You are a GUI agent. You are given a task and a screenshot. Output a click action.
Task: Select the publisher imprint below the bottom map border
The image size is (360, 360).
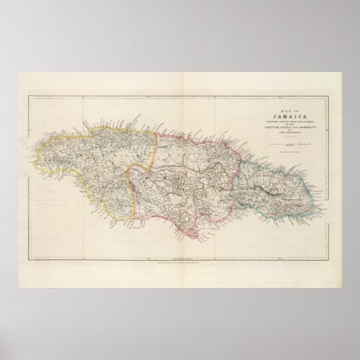[x=179, y=262]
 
